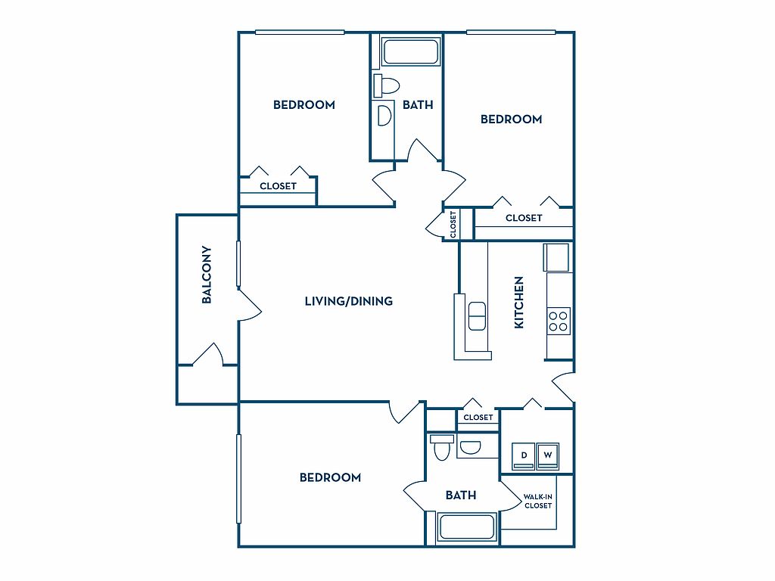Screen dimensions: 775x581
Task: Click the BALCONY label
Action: [207, 275]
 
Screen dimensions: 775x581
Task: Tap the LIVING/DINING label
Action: [348, 301]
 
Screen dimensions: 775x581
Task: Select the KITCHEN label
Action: [518, 302]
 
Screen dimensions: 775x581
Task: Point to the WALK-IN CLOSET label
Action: [538, 501]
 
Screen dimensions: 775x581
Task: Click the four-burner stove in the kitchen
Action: [559, 320]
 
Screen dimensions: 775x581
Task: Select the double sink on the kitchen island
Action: [477, 316]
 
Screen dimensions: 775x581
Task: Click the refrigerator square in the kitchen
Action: [556, 257]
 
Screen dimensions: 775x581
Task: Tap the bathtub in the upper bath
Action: [410, 51]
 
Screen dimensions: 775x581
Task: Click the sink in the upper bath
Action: [384, 116]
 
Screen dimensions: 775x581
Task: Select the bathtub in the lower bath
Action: [466, 527]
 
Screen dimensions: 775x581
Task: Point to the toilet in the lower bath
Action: [441, 447]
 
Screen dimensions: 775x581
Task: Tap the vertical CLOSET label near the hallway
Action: [453, 224]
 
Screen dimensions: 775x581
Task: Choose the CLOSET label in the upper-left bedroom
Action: [278, 186]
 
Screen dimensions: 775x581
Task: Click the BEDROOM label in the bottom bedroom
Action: [330, 477]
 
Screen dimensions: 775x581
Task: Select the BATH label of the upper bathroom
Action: [418, 104]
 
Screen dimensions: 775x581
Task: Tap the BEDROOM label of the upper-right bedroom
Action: [511, 119]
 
